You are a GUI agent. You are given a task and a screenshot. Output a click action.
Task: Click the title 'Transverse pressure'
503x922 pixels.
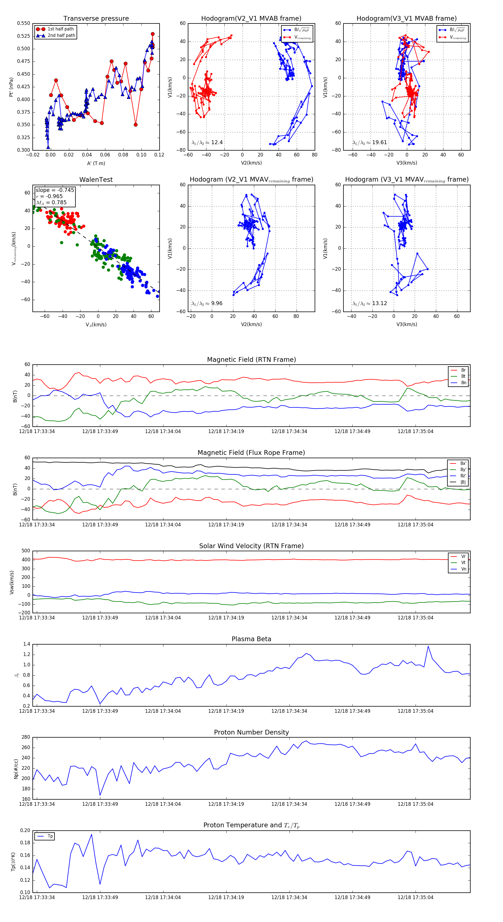click(96, 19)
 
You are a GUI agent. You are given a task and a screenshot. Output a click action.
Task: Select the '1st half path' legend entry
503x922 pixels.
click(61, 29)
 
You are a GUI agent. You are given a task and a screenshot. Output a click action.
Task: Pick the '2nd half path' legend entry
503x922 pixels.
click(61, 35)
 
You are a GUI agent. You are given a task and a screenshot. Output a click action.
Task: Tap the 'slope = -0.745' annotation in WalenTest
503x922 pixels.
click(55, 190)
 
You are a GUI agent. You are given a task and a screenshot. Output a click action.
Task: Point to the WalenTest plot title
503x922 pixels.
click(96, 180)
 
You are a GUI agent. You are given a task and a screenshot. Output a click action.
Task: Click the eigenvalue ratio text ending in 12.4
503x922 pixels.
click(207, 142)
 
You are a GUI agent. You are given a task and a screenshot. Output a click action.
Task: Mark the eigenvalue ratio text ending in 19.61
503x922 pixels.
click(369, 142)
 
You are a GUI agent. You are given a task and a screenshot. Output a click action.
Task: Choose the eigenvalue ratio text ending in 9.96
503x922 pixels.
click(207, 303)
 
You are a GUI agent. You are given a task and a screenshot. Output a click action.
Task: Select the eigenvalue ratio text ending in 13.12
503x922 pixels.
click(369, 303)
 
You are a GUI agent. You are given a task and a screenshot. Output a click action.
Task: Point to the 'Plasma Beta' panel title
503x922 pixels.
click(251, 639)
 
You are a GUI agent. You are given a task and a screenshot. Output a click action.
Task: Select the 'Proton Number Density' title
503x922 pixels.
click(251, 732)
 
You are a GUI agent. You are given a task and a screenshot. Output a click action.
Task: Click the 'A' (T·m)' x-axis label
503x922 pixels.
click(96, 163)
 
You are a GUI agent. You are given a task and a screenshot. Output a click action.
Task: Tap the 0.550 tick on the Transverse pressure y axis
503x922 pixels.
click(24, 23)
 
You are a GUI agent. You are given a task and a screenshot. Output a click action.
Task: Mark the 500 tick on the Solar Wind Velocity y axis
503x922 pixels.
click(26, 551)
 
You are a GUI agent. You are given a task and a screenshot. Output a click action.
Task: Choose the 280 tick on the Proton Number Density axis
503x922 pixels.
click(26, 737)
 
